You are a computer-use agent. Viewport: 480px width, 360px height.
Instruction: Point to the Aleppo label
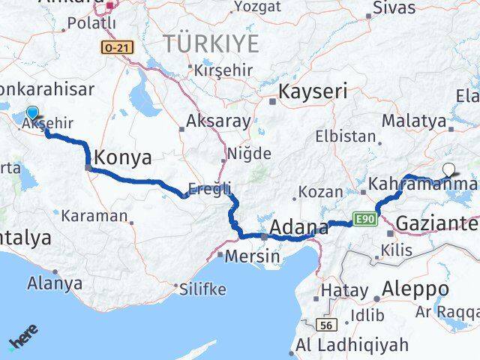(415, 289)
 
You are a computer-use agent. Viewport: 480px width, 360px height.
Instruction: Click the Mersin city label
(255, 256)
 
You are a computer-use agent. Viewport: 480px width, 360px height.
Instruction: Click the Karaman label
(94, 215)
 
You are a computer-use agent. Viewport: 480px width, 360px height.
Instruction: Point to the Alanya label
(55, 283)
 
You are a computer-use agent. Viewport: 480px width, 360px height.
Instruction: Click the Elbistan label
(346, 136)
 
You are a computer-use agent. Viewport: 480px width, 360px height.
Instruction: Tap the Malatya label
(408, 120)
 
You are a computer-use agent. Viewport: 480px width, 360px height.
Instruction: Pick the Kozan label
(320, 192)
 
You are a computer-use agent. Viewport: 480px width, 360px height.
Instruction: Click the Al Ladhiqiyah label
(352, 346)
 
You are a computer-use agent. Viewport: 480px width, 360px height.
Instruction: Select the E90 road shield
(364, 219)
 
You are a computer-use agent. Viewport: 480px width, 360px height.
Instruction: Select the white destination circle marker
(448, 169)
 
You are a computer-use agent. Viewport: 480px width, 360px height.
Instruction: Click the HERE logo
(24, 337)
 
